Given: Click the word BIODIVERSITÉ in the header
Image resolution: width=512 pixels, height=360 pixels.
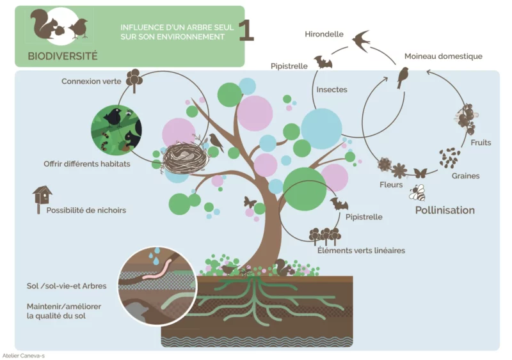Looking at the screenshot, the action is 63,56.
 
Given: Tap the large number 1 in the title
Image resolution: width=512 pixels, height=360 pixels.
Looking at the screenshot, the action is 246,30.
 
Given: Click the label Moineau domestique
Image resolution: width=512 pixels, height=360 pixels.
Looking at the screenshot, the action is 443,56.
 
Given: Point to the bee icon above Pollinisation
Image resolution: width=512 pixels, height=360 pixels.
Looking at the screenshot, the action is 417,192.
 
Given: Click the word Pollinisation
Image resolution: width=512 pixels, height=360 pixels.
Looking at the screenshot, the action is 445,210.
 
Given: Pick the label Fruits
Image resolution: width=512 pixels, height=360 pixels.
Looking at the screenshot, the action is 481,143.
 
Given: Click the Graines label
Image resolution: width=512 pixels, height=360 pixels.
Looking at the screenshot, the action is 465,176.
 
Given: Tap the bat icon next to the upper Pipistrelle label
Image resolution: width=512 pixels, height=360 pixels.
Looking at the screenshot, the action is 323,62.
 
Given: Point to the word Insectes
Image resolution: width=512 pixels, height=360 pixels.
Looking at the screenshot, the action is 332,90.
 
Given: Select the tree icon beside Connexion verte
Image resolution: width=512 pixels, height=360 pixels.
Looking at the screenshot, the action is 134,81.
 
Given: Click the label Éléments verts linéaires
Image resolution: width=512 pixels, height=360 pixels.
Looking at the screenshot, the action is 361,250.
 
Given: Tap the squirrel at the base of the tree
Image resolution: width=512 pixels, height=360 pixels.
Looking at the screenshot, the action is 283,267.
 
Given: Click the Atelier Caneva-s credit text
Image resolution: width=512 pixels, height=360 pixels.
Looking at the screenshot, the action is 24,356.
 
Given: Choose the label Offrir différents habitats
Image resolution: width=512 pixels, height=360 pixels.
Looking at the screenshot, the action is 87,164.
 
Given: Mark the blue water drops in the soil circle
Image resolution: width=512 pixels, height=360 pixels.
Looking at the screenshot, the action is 155,255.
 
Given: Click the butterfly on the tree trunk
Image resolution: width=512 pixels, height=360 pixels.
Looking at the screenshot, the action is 250,202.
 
